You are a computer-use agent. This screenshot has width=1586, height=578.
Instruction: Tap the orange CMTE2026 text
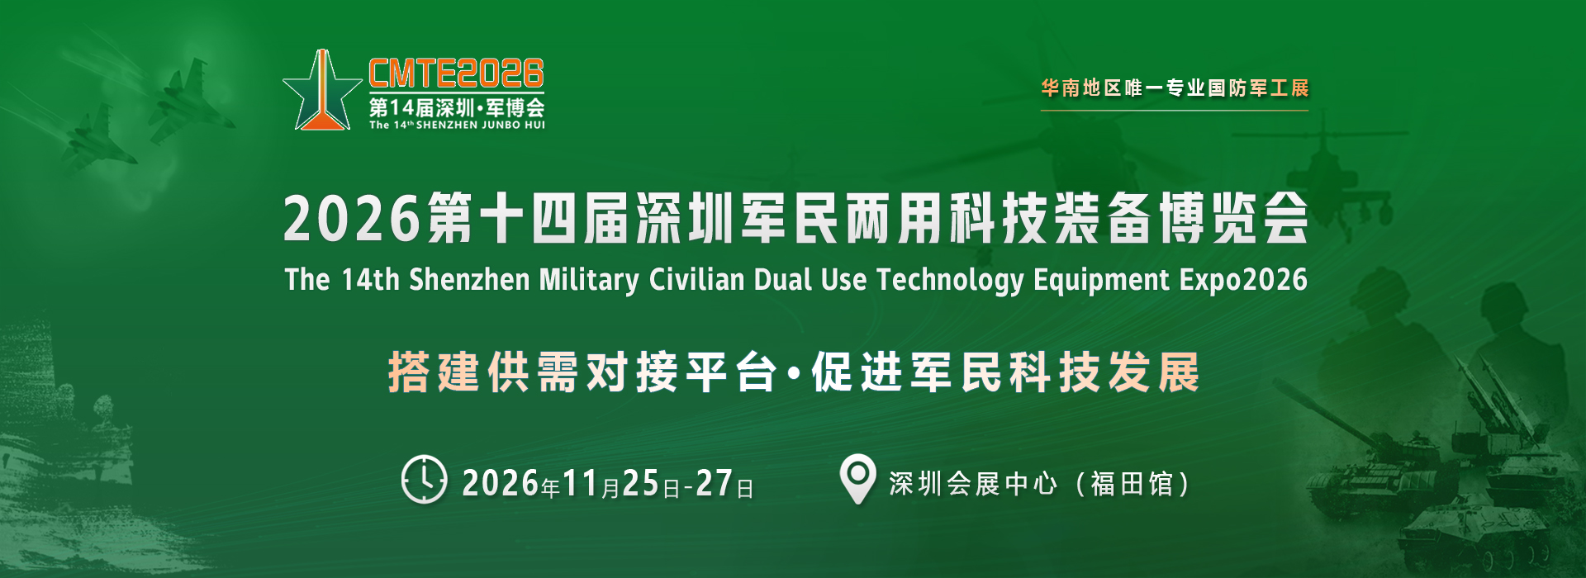click(456, 73)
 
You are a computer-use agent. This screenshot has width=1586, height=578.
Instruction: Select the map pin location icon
click(857, 479)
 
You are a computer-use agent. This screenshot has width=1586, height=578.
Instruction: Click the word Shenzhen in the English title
click(469, 279)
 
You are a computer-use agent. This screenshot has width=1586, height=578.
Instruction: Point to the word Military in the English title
click(589, 280)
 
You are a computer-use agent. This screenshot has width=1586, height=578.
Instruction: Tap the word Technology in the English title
click(950, 280)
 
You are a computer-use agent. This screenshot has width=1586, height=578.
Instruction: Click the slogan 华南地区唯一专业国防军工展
click(1175, 88)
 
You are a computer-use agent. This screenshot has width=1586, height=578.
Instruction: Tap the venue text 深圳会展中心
click(973, 483)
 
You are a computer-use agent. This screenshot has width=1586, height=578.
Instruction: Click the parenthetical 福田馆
click(1132, 483)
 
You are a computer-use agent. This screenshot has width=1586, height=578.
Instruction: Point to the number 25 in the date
click(640, 483)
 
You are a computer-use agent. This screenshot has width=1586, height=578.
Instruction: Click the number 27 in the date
click(714, 483)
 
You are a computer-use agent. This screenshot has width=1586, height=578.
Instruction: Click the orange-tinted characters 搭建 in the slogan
click(434, 372)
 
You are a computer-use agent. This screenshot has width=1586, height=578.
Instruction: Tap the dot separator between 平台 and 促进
click(794, 374)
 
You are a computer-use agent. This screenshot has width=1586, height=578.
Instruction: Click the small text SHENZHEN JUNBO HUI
click(480, 126)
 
